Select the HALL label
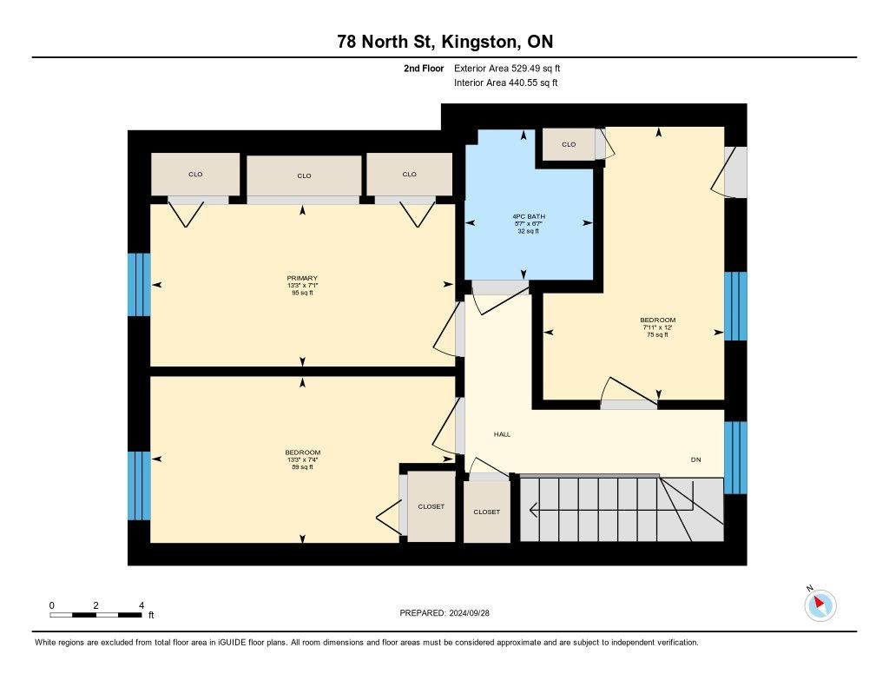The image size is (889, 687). coord(503,434)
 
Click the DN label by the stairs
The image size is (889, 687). coord(695,459)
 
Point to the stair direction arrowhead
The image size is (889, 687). coord(533,510)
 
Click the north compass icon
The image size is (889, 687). coord(820,605)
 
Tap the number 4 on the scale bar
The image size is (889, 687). coord(142,605)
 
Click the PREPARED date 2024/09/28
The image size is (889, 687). coord(470,613)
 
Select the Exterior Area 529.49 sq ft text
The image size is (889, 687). coord(507,68)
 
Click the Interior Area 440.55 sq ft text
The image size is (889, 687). coord(506,83)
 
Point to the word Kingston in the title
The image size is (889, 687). coord(479,42)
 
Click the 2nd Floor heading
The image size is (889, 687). coord(424,68)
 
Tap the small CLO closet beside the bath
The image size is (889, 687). coord(569,145)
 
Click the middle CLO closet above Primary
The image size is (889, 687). coord(304,175)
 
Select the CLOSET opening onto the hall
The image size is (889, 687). coord(486,512)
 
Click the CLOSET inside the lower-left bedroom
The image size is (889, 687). coord(431,506)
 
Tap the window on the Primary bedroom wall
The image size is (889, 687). coord(139,284)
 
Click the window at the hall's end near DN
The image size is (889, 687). coord(735,457)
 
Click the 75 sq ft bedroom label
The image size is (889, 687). coord(658,327)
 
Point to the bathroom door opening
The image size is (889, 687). coord(500,287)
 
